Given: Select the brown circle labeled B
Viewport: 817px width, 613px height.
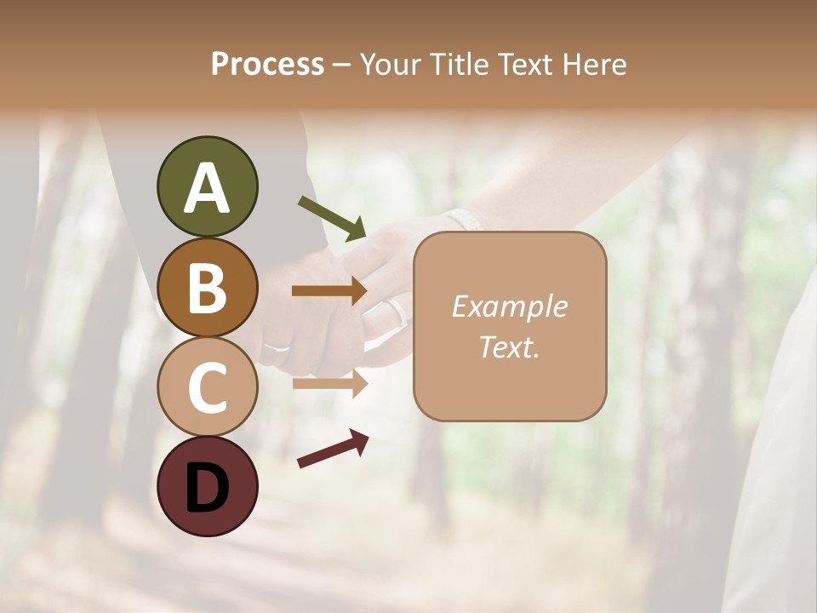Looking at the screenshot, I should [207, 287].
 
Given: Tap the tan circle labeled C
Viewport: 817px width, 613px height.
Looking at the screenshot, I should [207, 387].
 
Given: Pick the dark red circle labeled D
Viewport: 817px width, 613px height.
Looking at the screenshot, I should [207, 487].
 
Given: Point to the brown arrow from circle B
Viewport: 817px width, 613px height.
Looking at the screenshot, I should [329, 291].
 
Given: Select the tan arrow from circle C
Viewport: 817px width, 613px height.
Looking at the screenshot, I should [329, 383].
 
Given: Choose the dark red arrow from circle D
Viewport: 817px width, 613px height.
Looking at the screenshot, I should [333, 449].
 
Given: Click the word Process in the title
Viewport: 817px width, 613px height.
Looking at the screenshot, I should [267, 65].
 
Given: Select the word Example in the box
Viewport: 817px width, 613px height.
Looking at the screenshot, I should [509, 306].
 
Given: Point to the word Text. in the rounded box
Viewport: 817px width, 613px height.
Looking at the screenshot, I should [509, 347].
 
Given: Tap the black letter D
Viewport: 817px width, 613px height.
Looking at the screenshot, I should [207, 488].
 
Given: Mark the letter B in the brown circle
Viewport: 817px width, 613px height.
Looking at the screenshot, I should [207, 288].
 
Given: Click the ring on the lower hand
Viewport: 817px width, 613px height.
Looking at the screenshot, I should [277, 347].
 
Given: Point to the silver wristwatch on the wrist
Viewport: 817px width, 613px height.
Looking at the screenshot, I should [465, 219].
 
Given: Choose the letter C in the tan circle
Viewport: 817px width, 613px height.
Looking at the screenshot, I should [207, 388].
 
